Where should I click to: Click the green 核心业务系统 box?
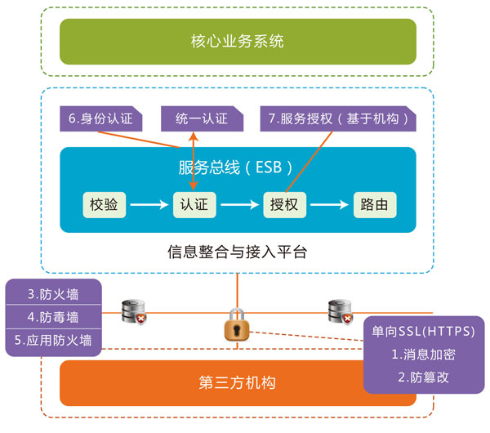pos(237,42)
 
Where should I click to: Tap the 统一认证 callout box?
pos(201,119)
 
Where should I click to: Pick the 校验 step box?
pos(105,205)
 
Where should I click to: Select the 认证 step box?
pos(194,205)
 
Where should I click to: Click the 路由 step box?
pos(374,205)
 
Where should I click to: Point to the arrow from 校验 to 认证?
pos(149,205)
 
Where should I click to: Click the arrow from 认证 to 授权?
pos(238,205)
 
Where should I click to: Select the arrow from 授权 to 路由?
pos(328,205)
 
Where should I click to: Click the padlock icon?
pos(237,326)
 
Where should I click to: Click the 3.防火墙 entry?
pos(53,293)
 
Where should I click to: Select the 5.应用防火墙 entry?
pos(53,339)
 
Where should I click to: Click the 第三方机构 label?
pos(237,382)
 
